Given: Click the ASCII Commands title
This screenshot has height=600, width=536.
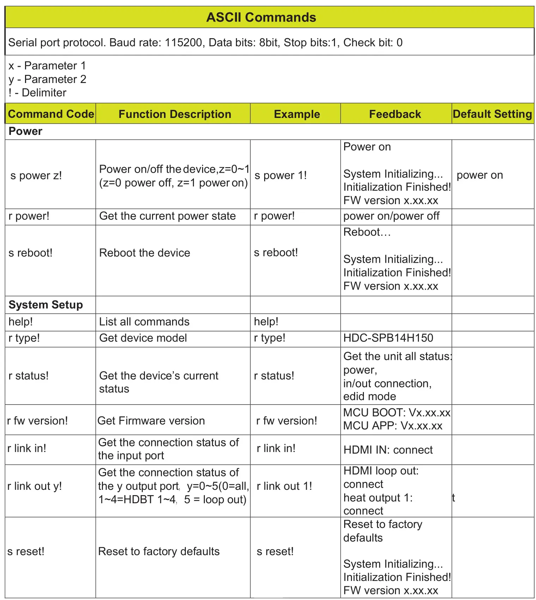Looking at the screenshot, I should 261,17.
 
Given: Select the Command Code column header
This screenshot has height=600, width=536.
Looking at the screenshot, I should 51,114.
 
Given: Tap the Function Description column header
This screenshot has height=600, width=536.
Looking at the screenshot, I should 175,114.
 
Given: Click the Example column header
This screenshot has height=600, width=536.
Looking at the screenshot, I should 297,114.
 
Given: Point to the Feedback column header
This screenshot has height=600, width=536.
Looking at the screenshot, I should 395,114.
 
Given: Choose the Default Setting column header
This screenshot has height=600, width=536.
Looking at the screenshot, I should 492,114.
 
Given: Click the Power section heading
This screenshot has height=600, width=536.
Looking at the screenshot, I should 25,131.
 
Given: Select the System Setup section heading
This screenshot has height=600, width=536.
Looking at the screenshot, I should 45,305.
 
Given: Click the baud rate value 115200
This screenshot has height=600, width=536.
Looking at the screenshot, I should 183,43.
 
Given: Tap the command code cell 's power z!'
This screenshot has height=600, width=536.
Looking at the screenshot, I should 36,176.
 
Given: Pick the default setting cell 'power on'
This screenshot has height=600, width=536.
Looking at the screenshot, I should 480,175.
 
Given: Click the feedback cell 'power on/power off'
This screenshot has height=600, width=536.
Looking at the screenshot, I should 391,216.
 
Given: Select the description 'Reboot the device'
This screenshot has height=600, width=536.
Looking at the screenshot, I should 145,253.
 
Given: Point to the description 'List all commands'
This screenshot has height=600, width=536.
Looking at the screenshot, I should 144,322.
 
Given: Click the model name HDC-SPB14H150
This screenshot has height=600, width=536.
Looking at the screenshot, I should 388,338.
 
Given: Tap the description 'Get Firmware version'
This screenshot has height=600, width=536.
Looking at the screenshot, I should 151,421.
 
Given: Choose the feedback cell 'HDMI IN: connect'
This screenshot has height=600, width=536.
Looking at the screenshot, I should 388,450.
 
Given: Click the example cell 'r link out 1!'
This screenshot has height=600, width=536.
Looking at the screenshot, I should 284,486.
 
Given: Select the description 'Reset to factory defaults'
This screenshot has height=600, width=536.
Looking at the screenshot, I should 159,552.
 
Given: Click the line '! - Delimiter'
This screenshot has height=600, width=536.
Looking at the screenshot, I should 37,93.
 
